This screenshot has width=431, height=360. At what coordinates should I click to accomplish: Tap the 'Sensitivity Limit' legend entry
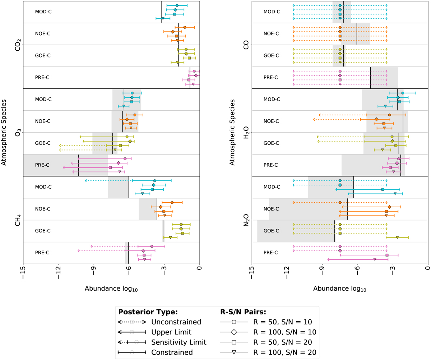pyautogui.click(x=179, y=342)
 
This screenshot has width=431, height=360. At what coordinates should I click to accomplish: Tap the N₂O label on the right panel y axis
pyautogui.click(x=247, y=220)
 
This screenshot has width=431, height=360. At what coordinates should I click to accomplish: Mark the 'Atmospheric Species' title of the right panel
pyautogui.click(x=232, y=132)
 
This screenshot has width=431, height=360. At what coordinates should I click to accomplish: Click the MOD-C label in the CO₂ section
pyautogui.click(x=43, y=12)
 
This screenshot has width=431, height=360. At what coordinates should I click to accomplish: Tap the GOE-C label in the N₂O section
pyautogui.click(x=272, y=231)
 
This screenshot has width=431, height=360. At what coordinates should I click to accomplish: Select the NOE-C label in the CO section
pyautogui.click(x=272, y=34)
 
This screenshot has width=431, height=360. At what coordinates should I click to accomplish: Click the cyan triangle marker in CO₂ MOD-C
pyautogui.click(x=163, y=18)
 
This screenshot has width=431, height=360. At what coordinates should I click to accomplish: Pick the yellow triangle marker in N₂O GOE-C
pyautogui.click(x=397, y=237)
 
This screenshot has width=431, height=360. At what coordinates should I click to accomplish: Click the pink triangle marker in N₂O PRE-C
pyautogui.click(x=375, y=259)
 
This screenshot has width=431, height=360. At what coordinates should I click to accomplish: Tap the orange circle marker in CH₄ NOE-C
pyautogui.click(x=172, y=203)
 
